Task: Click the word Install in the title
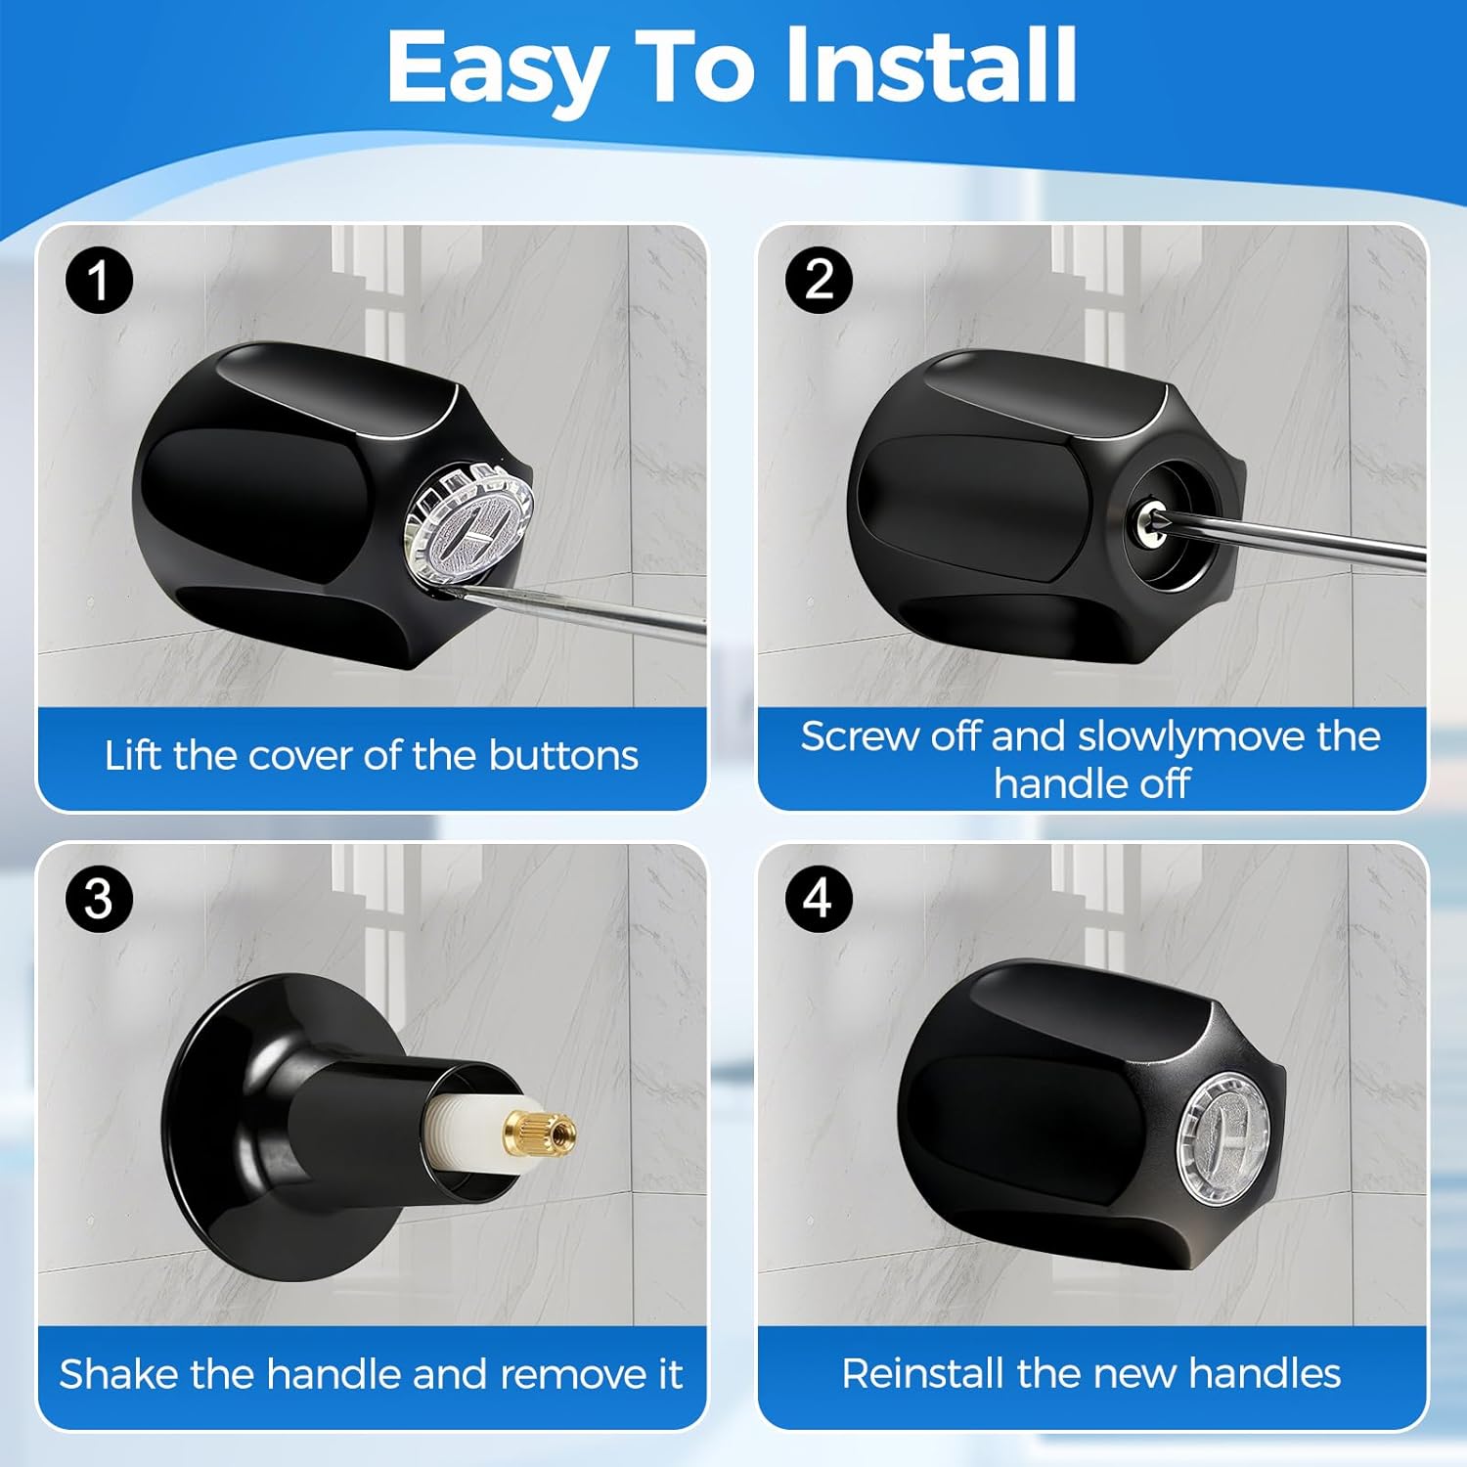931,67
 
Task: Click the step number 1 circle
99,281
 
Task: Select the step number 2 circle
820,280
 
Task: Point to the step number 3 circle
99,899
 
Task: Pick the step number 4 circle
820,898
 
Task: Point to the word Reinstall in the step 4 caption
923,1374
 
